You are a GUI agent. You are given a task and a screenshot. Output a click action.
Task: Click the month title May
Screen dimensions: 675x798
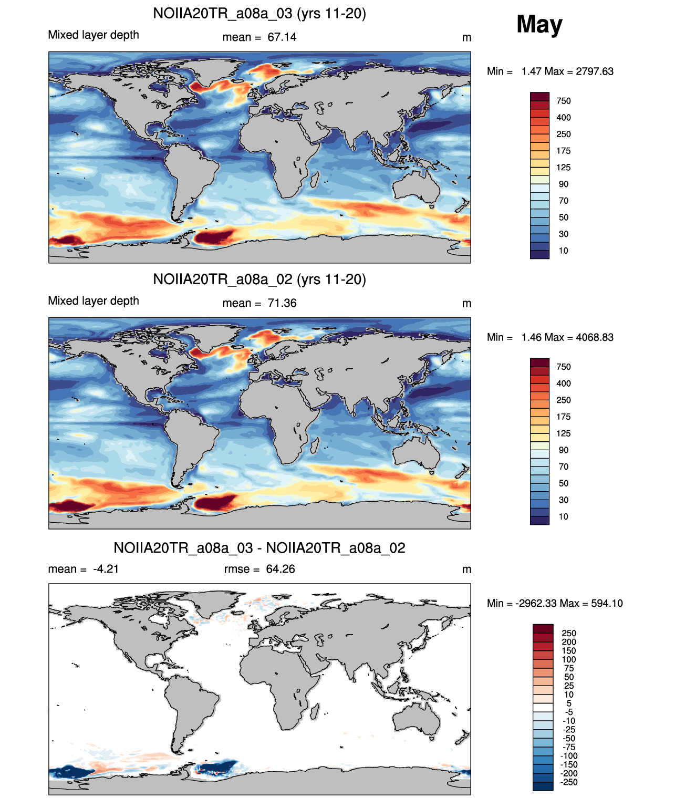(x=539, y=24)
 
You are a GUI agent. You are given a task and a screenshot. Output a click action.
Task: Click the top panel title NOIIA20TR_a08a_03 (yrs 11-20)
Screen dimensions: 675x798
(x=259, y=14)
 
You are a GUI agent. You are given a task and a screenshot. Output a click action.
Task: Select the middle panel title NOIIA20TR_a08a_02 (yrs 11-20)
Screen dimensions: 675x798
(x=259, y=279)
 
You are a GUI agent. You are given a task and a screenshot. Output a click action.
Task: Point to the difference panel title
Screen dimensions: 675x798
(x=259, y=548)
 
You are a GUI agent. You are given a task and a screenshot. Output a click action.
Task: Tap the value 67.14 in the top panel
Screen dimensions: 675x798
(x=282, y=37)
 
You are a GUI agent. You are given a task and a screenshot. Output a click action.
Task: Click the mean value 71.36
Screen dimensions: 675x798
(x=282, y=303)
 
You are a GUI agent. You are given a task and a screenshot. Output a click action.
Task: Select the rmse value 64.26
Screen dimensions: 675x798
(x=280, y=569)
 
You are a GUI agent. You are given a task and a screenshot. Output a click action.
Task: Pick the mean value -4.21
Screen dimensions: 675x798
(x=106, y=569)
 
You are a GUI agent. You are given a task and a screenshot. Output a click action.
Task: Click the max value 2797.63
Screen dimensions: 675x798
(x=594, y=71)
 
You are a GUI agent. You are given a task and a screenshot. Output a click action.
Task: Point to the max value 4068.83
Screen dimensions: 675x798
(x=594, y=337)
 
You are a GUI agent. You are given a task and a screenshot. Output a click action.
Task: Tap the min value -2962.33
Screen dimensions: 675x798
(x=536, y=604)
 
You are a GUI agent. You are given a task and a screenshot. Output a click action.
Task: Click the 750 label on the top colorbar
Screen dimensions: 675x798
(x=564, y=101)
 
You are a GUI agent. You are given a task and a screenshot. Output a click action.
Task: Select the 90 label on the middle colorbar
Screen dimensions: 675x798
(x=564, y=450)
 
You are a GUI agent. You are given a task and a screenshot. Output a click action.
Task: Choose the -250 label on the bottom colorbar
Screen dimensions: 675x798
(x=569, y=782)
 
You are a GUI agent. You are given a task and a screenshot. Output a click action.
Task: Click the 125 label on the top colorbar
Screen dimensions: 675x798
(x=564, y=167)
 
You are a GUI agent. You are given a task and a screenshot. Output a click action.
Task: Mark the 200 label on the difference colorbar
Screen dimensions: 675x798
(x=569, y=642)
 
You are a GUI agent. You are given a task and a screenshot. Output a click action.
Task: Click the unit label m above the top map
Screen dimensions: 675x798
(x=466, y=38)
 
